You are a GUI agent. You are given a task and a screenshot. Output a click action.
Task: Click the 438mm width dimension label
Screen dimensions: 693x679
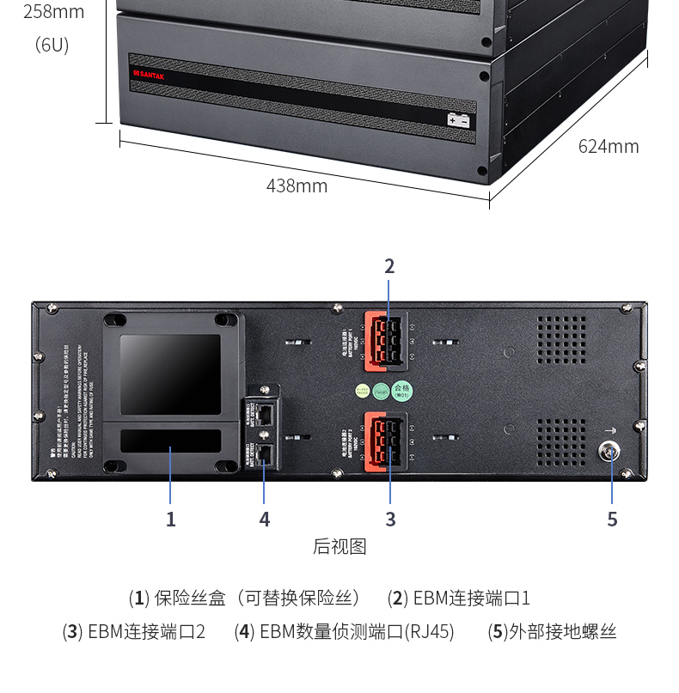(x=297, y=185)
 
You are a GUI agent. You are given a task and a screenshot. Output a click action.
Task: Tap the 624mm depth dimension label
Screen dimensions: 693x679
(x=608, y=146)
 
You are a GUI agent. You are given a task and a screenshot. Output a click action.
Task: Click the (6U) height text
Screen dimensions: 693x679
(x=52, y=45)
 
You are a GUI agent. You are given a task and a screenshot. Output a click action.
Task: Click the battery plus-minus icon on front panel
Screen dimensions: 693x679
(x=458, y=120)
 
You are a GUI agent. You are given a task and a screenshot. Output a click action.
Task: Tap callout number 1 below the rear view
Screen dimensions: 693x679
(x=170, y=520)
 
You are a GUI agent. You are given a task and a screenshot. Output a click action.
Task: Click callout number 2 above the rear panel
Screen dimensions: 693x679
(x=389, y=266)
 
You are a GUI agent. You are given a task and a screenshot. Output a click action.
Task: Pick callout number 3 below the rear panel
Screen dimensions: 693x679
(x=390, y=520)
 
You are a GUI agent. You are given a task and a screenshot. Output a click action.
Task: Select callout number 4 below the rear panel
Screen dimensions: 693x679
(x=264, y=520)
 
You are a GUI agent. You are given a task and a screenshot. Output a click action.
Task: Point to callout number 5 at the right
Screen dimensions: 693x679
(x=612, y=520)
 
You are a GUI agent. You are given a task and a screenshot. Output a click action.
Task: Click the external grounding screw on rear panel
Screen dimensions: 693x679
(x=611, y=449)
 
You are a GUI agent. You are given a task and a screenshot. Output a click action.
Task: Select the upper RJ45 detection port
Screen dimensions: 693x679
(x=264, y=413)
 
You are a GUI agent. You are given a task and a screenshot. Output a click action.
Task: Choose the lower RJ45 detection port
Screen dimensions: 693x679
(x=264, y=453)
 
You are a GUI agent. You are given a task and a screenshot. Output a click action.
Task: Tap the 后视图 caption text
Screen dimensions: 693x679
(x=339, y=547)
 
